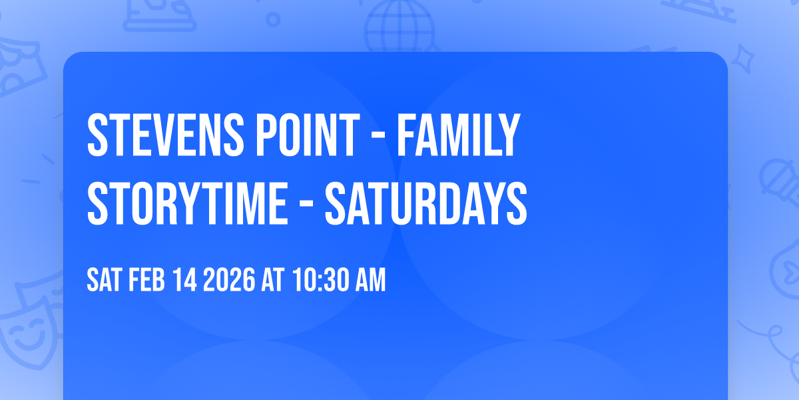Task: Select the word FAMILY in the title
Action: pyautogui.click(x=458, y=136)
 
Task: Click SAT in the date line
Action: pyautogui.click(x=103, y=281)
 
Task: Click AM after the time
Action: pyautogui.click(x=370, y=281)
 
